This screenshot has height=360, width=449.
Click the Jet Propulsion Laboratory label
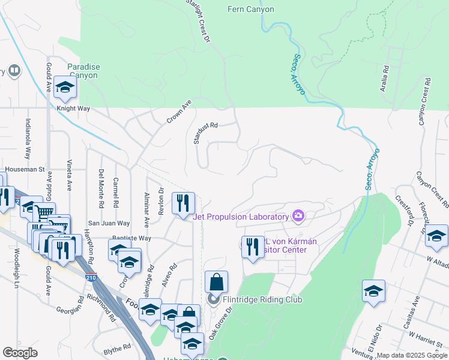(241, 217)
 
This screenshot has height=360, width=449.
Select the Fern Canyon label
(251, 10)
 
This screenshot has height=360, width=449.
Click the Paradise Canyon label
(83, 71)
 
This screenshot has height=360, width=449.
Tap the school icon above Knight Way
(64, 88)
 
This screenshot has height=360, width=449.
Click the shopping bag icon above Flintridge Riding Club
(216, 282)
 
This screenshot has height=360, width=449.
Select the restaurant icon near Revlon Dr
(183, 202)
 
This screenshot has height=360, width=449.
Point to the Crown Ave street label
(179, 112)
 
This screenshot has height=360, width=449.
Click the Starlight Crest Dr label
(199, 21)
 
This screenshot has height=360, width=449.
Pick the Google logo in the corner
(20, 353)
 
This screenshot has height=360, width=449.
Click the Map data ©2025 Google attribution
(411, 355)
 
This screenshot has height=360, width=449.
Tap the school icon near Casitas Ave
(373, 292)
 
